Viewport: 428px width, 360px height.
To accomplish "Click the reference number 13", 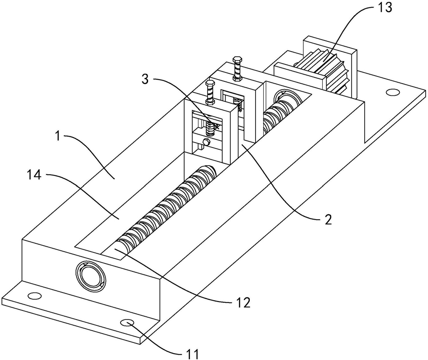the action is [385, 7].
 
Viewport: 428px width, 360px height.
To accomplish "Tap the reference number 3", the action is [145, 79].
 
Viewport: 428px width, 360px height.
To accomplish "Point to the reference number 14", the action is [34, 175].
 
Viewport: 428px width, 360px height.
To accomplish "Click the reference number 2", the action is [328, 219].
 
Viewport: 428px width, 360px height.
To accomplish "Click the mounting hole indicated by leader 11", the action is [127, 323].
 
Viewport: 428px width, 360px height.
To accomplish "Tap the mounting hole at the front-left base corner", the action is [35, 296].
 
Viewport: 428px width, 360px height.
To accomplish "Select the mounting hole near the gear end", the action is [392, 92].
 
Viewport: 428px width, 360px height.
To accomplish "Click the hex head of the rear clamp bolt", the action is [236, 59].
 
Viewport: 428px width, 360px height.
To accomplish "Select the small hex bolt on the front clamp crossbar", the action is [207, 141].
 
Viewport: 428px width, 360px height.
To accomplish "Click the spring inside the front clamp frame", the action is [210, 128].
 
